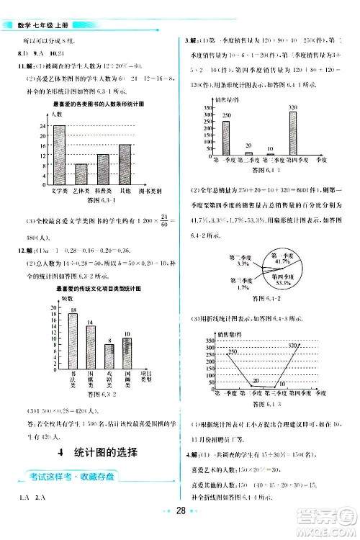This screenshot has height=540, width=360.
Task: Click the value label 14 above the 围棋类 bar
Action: click(91, 320)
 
